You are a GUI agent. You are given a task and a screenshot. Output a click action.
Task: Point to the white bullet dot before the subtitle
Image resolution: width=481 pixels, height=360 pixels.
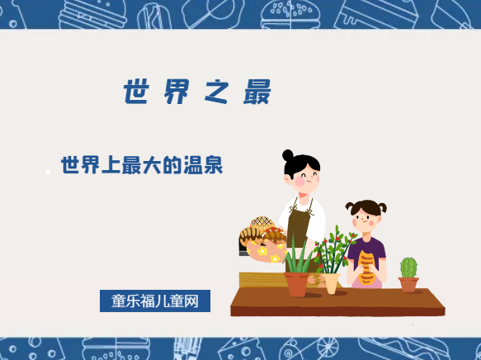48,172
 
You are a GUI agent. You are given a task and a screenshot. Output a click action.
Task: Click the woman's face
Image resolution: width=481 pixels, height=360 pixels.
304,176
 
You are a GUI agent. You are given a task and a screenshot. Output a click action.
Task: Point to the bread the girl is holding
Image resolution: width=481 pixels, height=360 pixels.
365,266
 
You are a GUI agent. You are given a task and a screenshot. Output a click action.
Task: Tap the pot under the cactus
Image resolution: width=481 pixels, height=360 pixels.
408,284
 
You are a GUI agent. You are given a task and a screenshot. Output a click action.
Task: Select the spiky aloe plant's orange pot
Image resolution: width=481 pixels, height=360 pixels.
297,283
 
